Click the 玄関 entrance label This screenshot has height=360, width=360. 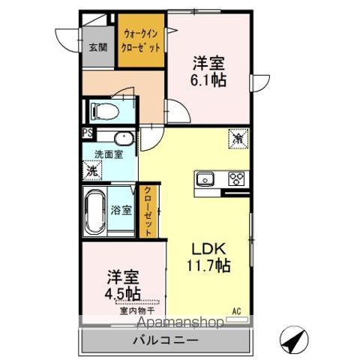[x=98, y=46]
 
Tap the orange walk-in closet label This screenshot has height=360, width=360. [x=139, y=39]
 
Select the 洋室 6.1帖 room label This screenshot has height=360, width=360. [x=208, y=71]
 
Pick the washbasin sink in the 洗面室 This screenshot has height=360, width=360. [x=122, y=138]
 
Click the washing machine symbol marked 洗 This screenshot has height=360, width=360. [x=91, y=170]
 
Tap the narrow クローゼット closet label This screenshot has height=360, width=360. [x=147, y=211]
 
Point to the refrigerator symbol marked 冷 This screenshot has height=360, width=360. [x=238, y=139]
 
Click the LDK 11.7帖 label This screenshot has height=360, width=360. [x=206, y=256]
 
